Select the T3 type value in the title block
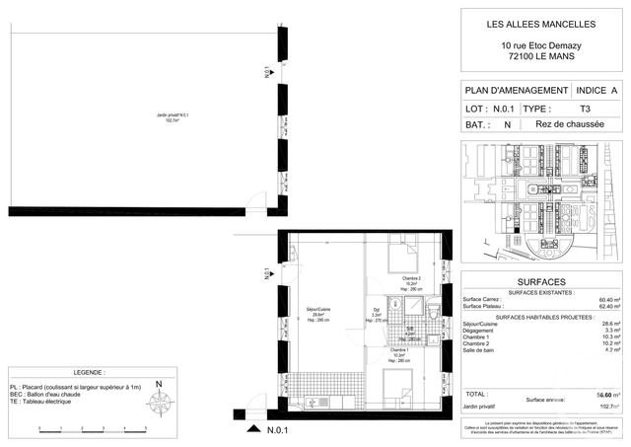tap(585, 108)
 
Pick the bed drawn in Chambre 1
tap(400, 385)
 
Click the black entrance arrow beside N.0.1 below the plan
tap(255, 429)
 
